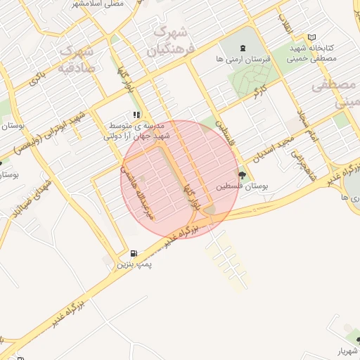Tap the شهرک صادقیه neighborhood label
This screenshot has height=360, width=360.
77,59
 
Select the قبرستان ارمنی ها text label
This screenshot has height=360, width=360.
243,60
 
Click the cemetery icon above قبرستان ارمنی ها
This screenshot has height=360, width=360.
243,48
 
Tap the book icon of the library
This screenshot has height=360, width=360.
312,37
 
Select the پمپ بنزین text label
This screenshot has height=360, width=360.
134,264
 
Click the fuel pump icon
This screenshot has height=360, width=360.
134,253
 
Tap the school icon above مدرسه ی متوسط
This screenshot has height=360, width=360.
136,115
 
